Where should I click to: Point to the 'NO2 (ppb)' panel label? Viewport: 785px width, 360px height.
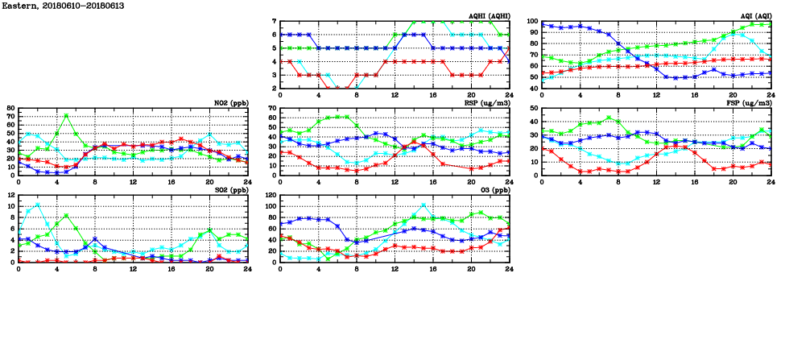(x=230, y=103)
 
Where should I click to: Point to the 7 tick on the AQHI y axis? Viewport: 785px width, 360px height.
(x=274, y=22)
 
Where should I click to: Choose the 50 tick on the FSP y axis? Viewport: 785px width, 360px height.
(x=534, y=109)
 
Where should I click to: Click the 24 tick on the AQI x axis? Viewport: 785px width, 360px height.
(x=771, y=95)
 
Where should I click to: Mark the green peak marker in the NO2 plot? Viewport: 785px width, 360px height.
(x=66, y=115)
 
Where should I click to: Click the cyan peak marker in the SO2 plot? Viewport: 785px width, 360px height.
(x=38, y=204)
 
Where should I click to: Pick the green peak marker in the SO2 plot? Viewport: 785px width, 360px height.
(x=66, y=215)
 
